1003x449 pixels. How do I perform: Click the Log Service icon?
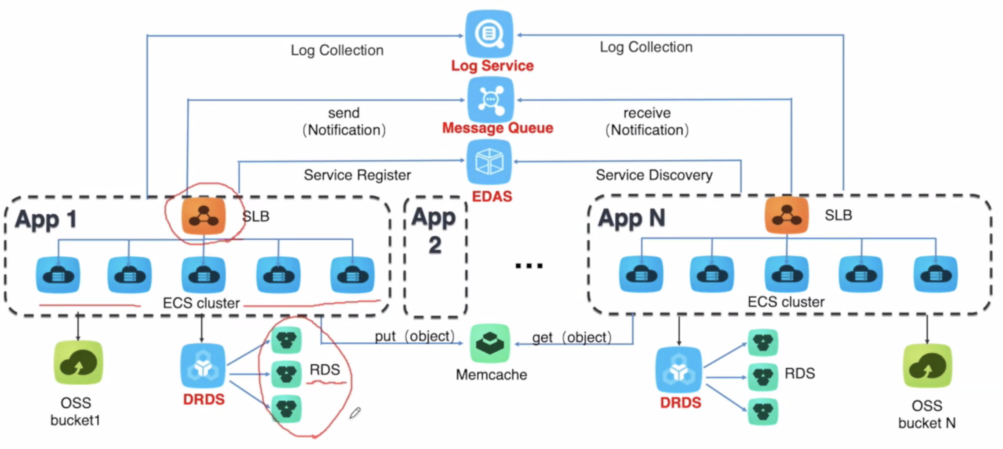[x=489, y=34]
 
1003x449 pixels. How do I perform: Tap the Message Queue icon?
[x=491, y=100]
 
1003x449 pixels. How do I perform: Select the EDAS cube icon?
[x=489, y=162]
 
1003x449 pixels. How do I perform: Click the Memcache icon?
[x=490, y=343]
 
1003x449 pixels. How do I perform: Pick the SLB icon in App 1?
[x=203, y=216]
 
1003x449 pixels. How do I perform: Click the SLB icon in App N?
[x=787, y=214]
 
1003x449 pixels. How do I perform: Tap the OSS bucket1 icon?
[x=78, y=362]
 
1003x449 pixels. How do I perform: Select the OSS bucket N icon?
[x=928, y=366]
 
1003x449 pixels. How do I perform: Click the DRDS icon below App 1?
[x=203, y=366]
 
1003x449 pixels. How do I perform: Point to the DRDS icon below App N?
[x=679, y=370]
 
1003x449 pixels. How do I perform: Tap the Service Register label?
[x=357, y=175]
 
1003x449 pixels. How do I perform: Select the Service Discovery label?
[x=654, y=175]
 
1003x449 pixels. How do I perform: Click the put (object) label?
[x=415, y=336]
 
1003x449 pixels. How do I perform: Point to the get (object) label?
[x=572, y=337]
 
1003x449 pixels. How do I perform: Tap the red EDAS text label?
[x=492, y=197]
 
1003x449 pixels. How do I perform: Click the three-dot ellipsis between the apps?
[x=529, y=266]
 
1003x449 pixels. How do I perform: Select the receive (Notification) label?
[x=647, y=121]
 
